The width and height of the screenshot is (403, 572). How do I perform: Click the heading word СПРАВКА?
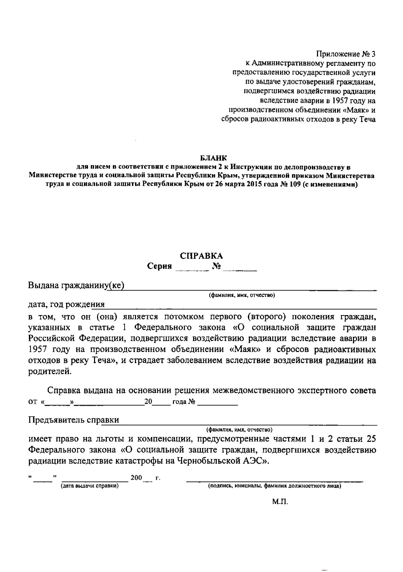[x=201, y=256]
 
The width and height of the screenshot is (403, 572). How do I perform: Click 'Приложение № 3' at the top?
[x=346, y=54]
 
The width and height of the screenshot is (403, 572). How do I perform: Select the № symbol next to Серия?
[x=217, y=267]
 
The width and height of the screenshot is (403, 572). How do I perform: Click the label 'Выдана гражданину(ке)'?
[x=76, y=285]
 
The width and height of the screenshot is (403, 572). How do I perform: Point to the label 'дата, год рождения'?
[x=66, y=304]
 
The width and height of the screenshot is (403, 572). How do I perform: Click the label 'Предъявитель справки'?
[x=74, y=420]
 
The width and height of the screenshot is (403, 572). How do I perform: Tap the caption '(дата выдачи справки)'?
[x=90, y=486]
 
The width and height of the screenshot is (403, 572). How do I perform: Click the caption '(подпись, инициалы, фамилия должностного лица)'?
[x=274, y=486]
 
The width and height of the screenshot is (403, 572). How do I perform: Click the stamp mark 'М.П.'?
[x=280, y=502]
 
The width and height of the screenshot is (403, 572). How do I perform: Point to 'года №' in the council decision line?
[x=184, y=402]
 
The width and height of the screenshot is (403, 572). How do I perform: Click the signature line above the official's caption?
[x=274, y=481]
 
